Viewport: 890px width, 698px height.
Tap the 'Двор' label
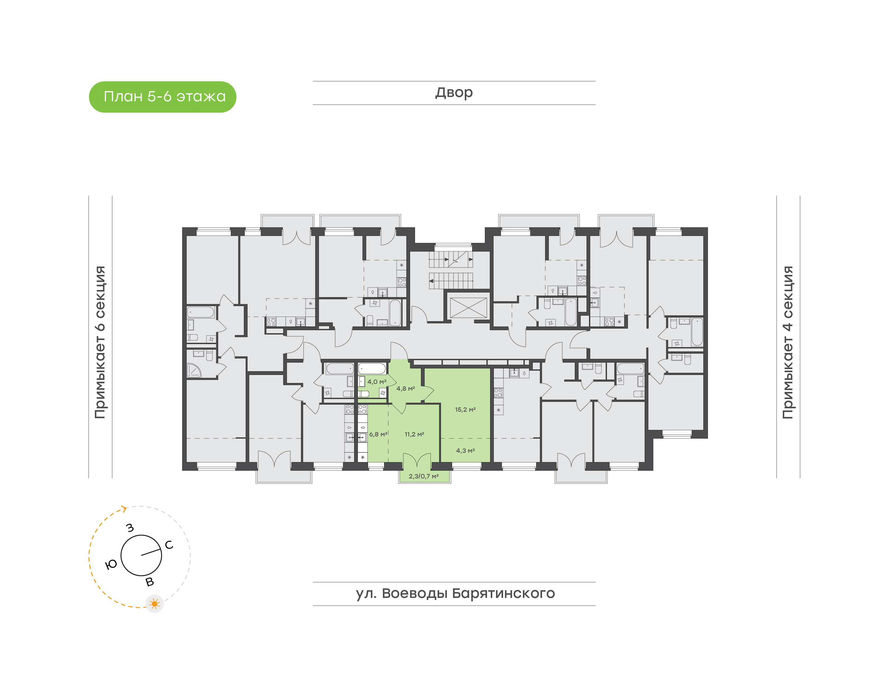pyautogui.click(x=454, y=93)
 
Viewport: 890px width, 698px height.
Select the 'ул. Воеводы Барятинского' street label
pyautogui.click(x=455, y=593)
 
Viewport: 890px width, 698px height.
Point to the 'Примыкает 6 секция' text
pyautogui.click(x=100, y=342)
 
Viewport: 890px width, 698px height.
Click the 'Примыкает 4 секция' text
pyautogui.click(x=788, y=342)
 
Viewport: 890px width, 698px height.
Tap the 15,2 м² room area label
pyautogui.click(x=465, y=410)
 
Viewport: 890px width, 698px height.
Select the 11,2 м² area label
pyautogui.click(x=414, y=435)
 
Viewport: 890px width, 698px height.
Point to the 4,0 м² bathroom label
pyautogui.click(x=376, y=382)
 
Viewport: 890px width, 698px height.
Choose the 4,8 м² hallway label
pyautogui.click(x=405, y=389)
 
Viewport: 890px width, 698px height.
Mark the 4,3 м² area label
pyautogui.click(x=465, y=451)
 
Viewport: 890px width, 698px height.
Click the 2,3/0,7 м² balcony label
pyautogui.click(x=424, y=477)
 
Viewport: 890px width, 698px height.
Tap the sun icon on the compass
pyautogui.click(x=155, y=603)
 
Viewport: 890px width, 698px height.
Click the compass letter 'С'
pyautogui.click(x=169, y=545)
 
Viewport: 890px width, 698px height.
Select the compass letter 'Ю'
pyautogui.click(x=111, y=565)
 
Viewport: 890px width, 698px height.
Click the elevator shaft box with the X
pyautogui.click(x=468, y=307)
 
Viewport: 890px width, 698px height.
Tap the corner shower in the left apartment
pyautogui.click(x=194, y=370)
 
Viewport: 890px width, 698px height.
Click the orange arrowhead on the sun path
pyautogui.click(x=124, y=509)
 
